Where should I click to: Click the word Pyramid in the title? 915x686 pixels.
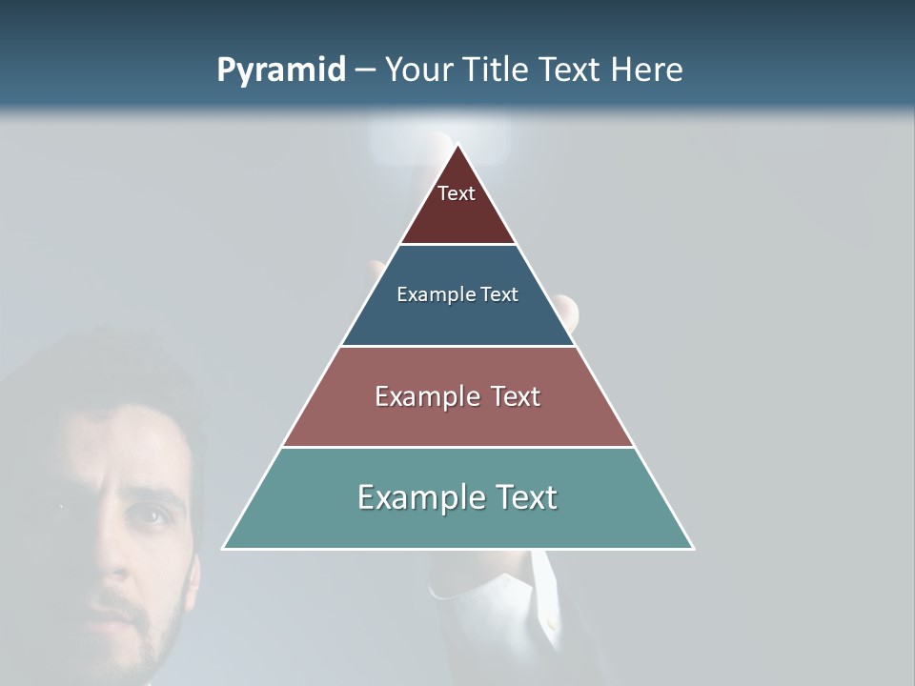click(x=280, y=71)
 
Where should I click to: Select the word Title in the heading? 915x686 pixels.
click(x=496, y=70)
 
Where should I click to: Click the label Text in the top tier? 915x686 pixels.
click(x=457, y=193)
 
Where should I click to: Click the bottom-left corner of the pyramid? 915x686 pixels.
click(x=224, y=548)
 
